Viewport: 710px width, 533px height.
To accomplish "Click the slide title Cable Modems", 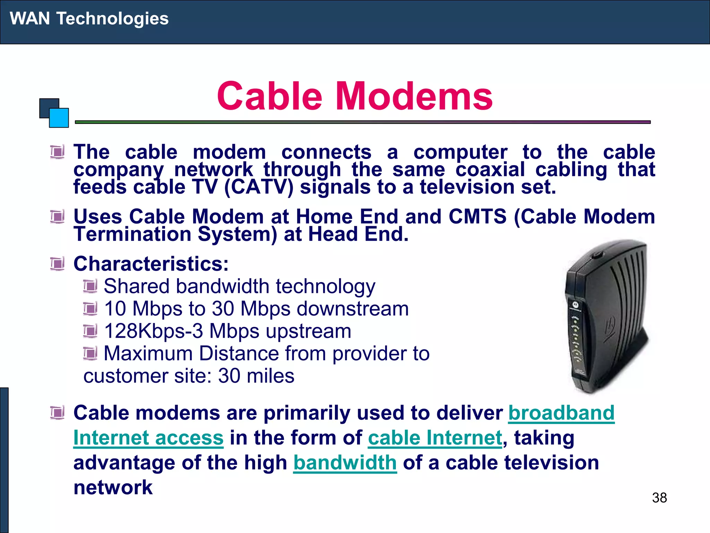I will pyautogui.click(x=354, y=96).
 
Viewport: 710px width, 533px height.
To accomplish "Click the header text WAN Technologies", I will pyautogui.click(x=89, y=18).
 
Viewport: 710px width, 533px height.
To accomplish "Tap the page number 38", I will pyautogui.click(x=659, y=498).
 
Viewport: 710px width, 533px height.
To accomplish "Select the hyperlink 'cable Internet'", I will pyautogui.click(x=435, y=438).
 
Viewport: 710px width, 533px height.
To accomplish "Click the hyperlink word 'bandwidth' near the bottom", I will pyautogui.click(x=345, y=463).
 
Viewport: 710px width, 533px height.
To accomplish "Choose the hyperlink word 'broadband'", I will pyautogui.click(x=561, y=413).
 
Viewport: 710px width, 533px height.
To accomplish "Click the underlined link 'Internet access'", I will pyautogui.click(x=148, y=438).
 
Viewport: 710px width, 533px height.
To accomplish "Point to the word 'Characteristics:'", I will pyautogui.click(x=151, y=264).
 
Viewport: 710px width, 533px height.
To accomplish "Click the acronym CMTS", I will pyautogui.click(x=477, y=217).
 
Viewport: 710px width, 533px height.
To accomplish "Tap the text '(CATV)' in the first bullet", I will pyautogui.click(x=259, y=187).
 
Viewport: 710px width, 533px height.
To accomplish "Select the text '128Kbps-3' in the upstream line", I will pyautogui.click(x=153, y=331).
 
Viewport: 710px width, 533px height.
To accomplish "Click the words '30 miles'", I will pyautogui.click(x=256, y=376).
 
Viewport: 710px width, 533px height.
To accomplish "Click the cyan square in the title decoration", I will pyautogui.click(x=59, y=118).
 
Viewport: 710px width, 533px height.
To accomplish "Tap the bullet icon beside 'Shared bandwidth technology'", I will pyautogui.click(x=90, y=286).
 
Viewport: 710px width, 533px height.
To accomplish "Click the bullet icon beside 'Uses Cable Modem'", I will pyautogui.click(x=57, y=217).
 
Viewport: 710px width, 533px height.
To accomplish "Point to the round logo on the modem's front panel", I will pyautogui.click(x=575, y=305).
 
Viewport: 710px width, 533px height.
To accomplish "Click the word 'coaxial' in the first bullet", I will pyautogui.click(x=490, y=170).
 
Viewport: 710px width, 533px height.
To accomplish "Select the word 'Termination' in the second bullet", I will pyautogui.click(x=132, y=234).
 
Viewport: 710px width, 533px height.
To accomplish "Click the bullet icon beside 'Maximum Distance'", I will pyautogui.click(x=90, y=354).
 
